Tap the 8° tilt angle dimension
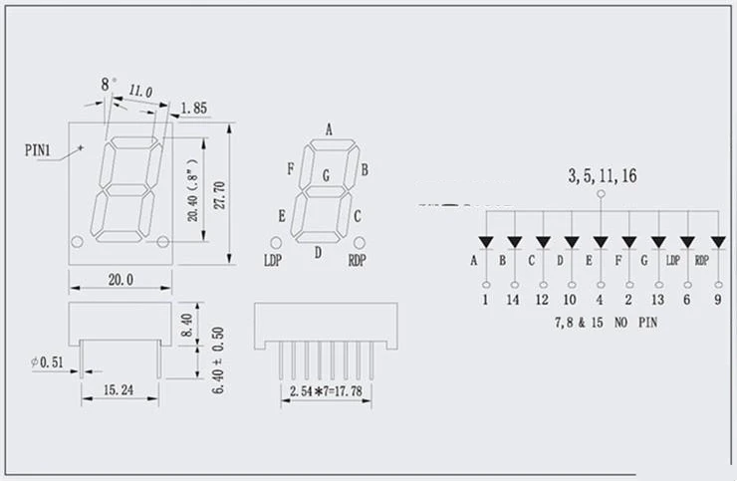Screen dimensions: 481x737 107,84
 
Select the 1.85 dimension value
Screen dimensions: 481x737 194,107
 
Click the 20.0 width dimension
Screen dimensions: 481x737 120,280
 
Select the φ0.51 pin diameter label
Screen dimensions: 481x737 47,363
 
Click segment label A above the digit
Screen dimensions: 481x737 329,128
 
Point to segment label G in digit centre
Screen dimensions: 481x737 326,176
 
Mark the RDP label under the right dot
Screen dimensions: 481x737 358,261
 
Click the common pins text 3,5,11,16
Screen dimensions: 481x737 603,176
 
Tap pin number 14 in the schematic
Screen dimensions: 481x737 514,299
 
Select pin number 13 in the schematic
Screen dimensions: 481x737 657,299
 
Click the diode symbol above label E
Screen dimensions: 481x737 601,242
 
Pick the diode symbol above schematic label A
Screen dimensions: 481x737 486,242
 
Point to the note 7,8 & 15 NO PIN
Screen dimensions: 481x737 606,324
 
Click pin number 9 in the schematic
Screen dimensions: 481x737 717,299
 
